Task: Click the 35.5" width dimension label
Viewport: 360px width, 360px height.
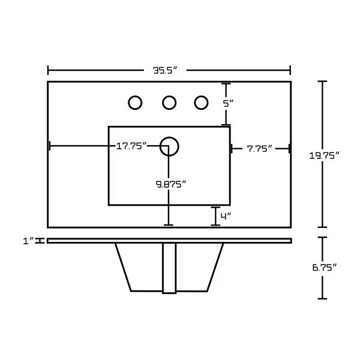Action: (x=166, y=70)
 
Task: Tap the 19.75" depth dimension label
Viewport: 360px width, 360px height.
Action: (x=324, y=156)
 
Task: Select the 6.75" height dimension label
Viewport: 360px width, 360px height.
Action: (x=324, y=268)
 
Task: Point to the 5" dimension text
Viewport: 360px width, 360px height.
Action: (x=228, y=104)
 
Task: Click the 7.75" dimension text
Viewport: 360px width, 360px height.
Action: (x=259, y=149)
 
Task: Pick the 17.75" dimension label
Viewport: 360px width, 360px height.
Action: (x=131, y=146)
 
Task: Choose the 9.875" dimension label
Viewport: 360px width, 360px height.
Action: (x=171, y=184)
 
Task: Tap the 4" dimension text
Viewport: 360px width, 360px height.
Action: (x=226, y=216)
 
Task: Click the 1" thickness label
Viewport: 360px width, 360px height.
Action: (x=28, y=241)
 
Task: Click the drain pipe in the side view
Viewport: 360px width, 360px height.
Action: (x=169, y=268)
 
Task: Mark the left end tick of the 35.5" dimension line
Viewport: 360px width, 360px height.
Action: (x=48, y=70)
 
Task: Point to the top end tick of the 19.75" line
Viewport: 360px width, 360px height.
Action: (x=322, y=81)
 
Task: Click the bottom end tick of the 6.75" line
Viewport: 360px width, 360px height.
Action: (x=322, y=299)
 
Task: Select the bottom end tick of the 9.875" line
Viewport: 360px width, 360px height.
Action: (x=169, y=225)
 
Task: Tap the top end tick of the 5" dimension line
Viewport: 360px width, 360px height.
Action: (x=226, y=84)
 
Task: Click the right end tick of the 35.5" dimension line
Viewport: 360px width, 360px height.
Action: (x=290, y=70)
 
